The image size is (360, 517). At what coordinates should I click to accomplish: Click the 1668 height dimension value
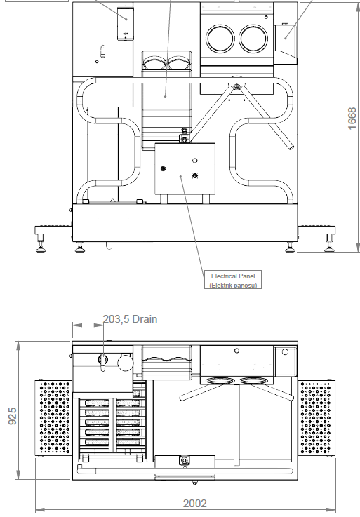tap(352, 118)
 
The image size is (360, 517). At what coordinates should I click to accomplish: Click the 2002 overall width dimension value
tap(195, 504)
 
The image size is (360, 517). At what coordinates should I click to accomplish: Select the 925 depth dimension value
tap(12, 416)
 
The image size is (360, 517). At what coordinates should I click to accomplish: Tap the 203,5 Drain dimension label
tap(130, 319)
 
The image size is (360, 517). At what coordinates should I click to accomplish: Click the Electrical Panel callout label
tap(233, 281)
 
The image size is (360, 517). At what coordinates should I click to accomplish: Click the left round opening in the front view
tap(220, 39)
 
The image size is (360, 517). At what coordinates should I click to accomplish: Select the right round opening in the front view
tap(253, 39)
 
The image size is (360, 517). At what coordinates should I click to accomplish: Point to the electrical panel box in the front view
tap(185, 168)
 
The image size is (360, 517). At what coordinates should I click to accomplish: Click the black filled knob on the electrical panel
tap(163, 169)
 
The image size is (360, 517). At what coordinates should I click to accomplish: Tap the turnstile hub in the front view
tap(236, 87)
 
